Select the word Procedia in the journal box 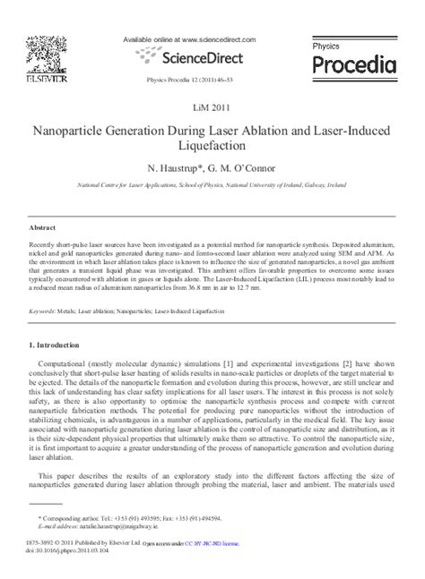pyautogui.click(x=353, y=64)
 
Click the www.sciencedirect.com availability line pyautogui.click(x=186, y=39)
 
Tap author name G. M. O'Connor pyautogui.click(x=241, y=167)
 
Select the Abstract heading pyautogui.click(x=43, y=228)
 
